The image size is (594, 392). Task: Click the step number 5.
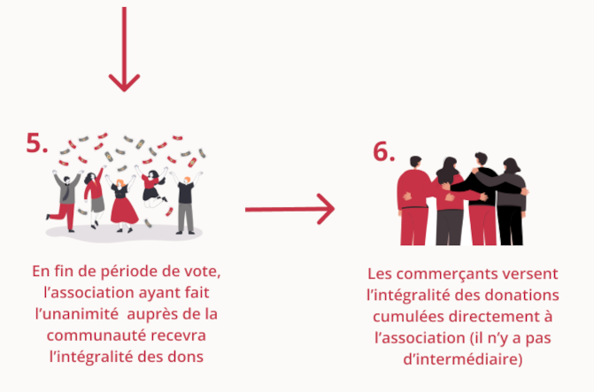click(x=37, y=143)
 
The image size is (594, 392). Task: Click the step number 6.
click(x=383, y=151)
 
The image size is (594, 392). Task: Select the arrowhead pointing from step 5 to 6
click(x=326, y=209)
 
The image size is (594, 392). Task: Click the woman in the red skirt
click(x=122, y=205)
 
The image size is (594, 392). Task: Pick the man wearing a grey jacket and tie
click(x=66, y=200)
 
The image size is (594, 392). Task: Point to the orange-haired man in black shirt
click(x=187, y=203)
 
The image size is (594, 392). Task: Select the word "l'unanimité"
click(x=77, y=314)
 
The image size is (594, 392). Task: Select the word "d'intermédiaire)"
click(x=463, y=359)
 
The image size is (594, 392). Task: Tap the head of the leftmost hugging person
click(x=415, y=162)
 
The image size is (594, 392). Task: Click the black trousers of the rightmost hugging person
click(x=511, y=226)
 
